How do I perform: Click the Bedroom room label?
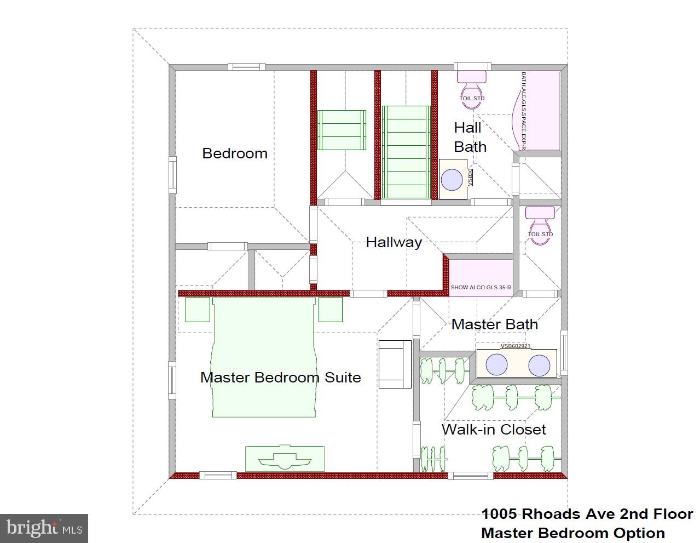[235, 153]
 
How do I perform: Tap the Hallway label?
[394, 242]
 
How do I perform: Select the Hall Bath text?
[470, 137]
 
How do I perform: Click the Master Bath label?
[494, 324]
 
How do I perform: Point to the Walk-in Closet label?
[494, 430]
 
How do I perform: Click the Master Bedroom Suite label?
[280, 378]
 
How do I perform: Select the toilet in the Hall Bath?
[472, 85]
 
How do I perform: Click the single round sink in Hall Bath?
[452, 180]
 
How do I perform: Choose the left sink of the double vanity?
[497, 365]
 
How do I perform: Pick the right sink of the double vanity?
[539, 365]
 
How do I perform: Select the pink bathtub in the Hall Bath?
[539, 110]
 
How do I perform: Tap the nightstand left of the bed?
[198, 310]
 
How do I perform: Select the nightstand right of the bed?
[331, 310]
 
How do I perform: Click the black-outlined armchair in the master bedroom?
[395, 364]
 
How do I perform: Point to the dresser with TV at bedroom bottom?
[285, 458]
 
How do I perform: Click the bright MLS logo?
[44, 528]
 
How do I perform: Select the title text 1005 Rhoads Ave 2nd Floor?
[587, 514]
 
